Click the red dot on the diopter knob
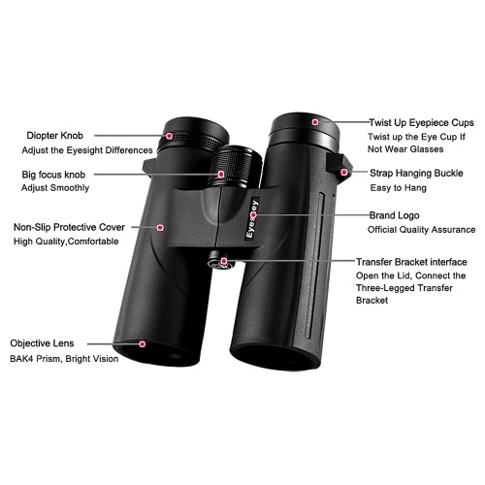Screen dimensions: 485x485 [170, 136]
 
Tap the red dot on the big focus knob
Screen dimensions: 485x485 [221, 175]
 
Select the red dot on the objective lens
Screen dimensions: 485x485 [142, 344]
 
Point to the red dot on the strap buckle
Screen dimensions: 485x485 [344, 173]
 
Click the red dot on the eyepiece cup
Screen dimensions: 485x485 [315, 122]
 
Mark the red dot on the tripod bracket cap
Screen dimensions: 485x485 [224, 261]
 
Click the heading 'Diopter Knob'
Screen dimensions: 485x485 [54, 136]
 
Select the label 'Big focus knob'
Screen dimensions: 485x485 [53, 175]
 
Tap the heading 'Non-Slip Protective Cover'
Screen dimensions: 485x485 [69, 227]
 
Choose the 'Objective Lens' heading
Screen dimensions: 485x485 [42, 343]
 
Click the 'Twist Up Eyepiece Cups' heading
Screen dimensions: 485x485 [422, 123]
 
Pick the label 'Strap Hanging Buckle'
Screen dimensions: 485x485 [416, 174]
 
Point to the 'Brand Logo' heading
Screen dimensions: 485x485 [395, 215]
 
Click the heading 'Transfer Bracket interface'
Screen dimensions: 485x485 [411, 262]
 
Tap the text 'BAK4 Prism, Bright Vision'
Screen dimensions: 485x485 [64, 359]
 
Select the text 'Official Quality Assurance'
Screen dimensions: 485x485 [422, 230]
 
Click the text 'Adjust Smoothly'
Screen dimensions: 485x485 [55, 188]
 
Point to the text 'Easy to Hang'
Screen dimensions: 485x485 [399, 188]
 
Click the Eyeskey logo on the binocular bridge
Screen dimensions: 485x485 [252, 219]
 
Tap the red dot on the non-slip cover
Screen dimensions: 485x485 [160, 228]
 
